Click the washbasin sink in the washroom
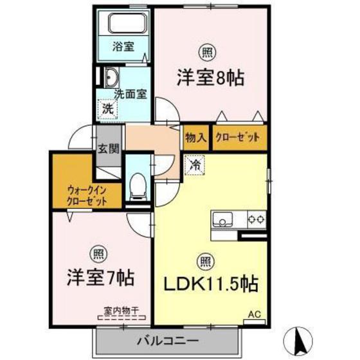[x=109, y=78]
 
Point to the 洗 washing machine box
[x=107, y=109]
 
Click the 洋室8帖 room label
[x=210, y=78]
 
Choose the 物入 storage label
[x=195, y=138]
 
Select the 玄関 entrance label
[x=108, y=149]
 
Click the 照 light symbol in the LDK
[x=204, y=260]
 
